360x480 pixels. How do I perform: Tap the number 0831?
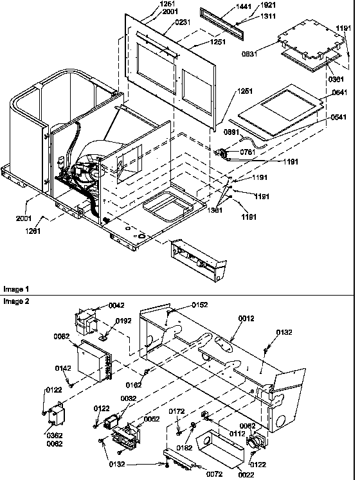click(268, 54)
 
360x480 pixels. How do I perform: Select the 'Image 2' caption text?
click(14, 301)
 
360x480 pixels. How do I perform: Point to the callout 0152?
click(201, 305)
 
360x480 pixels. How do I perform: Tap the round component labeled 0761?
click(226, 154)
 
